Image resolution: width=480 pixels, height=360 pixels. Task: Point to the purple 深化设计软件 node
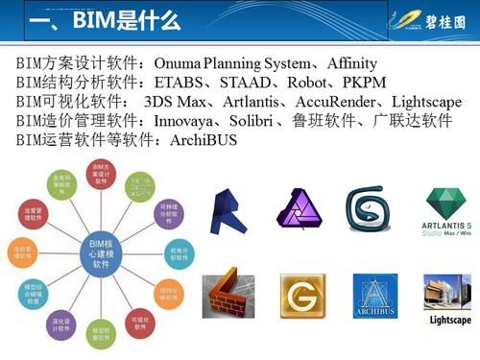tap(60, 324)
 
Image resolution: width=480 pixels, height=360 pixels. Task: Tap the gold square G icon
tap(300, 297)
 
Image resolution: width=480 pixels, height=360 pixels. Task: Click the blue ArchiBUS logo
tap(375, 297)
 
